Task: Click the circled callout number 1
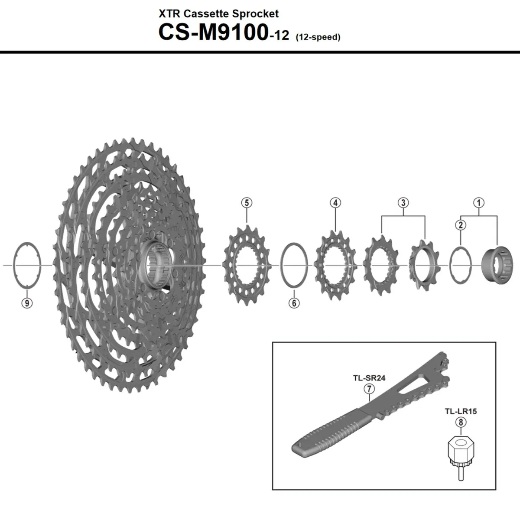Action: [x=479, y=202]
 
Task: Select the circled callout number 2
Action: [x=460, y=224]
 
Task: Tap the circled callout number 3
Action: [x=403, y=202]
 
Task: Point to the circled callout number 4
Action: [x=335, y=202]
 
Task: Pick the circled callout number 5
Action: [x=247, y=202]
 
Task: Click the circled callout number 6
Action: [x=294, y=303]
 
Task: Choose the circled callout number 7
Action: [x=369, y=389]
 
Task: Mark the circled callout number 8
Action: [x=460, y=422]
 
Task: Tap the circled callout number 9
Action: [x=27, y=303]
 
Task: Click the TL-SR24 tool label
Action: [x=369, y=377]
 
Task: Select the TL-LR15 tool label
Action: [x=460, y=411]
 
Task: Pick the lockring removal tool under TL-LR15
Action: [x=461, y=455]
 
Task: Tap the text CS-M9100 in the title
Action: [x=212, y=33]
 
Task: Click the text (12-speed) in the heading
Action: [x=318, y=37]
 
